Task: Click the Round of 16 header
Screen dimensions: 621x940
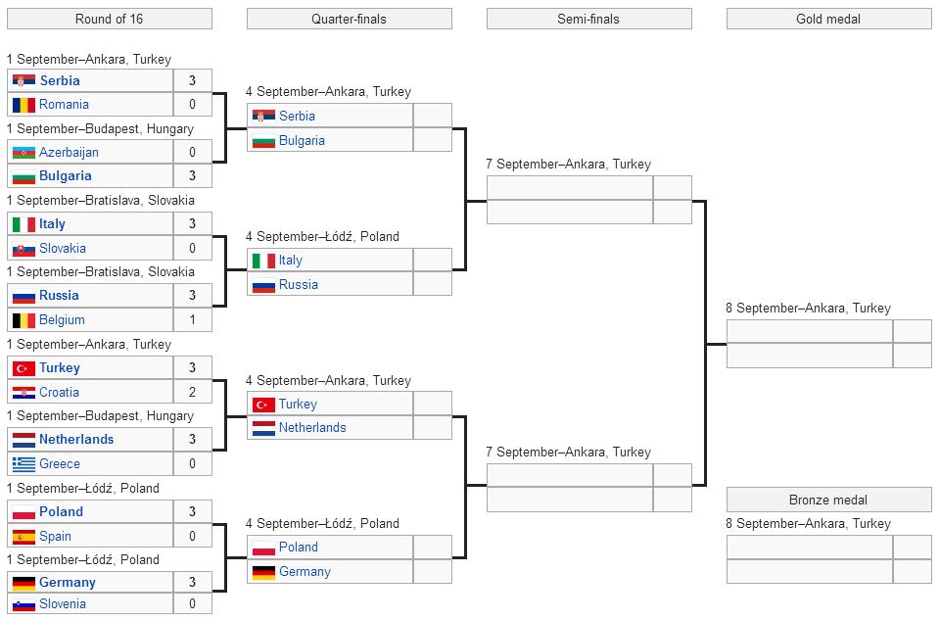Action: pyautogui.click(x=109, y=19)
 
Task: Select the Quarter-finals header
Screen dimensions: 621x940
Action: pyautogui.click(x=349, y=19)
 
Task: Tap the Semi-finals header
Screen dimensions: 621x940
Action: pyautogui.click(x=588, y=19)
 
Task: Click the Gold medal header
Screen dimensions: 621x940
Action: pyautogui.click(x=828, y=19)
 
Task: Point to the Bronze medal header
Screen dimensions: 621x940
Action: pyautogui.click(x=828, y=500)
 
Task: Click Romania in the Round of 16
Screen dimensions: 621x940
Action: pyautogui.click(x=64, y=104)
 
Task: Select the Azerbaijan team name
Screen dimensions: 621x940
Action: pyautogui.click(x=69, y=152)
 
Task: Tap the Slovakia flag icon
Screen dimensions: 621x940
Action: pyautogui.click(x=23, y=249)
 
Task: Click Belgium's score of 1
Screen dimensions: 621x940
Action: pyautogui.click(x=192, y=319)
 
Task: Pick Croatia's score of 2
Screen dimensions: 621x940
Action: pyautogui.click(x=192, y=392)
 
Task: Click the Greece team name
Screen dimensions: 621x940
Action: pyautogui.click(x=60, y=463)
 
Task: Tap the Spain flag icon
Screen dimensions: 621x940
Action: pyautogui.click(x=23, y=536)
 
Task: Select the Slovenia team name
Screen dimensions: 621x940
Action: pyautogui.click(x=63, y=604)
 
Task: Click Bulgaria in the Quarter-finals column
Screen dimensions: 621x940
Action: pyautogui.click(x=302, y=140)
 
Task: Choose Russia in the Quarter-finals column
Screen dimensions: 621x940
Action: pyautogui.click(x=298, y=284)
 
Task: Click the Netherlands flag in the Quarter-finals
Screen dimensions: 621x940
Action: pyautogui.click(x=263, y=428)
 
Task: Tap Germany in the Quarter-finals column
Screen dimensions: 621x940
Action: pyautogui.click(x=305, y=571)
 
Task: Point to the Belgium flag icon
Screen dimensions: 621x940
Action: pyautogui.click(x=23, y=320)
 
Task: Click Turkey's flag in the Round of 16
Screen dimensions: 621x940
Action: pyautogui.click(x=23, y=368)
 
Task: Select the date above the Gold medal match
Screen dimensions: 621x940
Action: pyautogui.click(x=808, y=308)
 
